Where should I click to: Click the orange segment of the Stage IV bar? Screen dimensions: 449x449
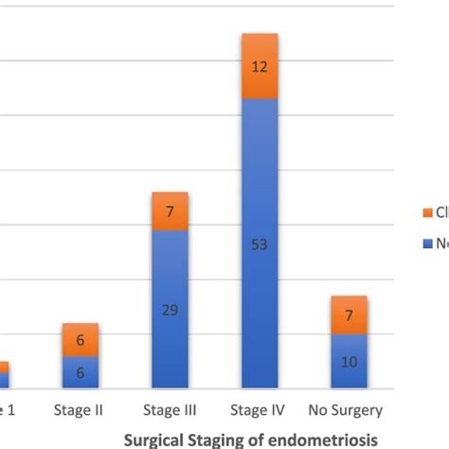point(260,66)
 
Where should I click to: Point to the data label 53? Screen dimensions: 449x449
point(260,245)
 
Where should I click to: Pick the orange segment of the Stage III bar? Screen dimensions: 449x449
point(170,211)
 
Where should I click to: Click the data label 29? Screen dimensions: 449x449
point(170,310)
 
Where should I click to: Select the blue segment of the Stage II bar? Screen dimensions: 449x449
point(81,372)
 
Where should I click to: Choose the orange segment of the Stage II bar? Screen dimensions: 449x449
point(81,340)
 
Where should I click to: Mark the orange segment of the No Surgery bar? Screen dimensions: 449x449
point(349,314)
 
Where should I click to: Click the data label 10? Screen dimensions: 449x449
point(349,362)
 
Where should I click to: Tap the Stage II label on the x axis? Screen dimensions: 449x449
point(81,411)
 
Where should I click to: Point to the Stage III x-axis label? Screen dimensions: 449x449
point(170,411)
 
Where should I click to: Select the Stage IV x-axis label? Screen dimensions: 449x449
point(260,411)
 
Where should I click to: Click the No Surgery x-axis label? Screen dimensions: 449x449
point(346,411)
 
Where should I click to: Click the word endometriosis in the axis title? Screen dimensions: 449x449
point(321,440)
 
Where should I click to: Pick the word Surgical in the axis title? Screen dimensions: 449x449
point(155,440)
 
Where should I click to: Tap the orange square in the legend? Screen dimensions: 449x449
point(427,212)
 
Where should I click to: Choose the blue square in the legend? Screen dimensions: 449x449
point(427,242)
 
